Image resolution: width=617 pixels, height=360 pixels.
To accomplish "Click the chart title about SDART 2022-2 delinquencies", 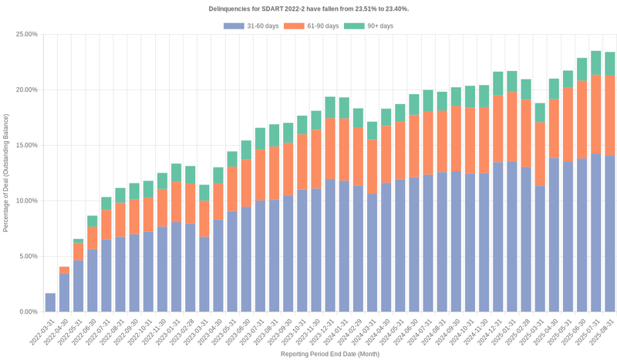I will coord(308,8).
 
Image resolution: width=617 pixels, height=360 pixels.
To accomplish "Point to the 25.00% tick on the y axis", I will coord(26,34).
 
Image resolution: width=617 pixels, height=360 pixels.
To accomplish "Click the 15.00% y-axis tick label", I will coord(26,145).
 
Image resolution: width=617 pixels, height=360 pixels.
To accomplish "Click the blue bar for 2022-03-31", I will coord(50,302).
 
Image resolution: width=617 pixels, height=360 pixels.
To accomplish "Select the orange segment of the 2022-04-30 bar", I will coord(64,270).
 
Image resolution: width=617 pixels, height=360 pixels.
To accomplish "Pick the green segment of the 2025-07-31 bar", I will coord(595,63).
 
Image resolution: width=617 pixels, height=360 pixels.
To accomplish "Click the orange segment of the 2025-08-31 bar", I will coord(609,116).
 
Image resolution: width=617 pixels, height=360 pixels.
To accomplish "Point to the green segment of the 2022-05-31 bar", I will coord(79,241).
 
